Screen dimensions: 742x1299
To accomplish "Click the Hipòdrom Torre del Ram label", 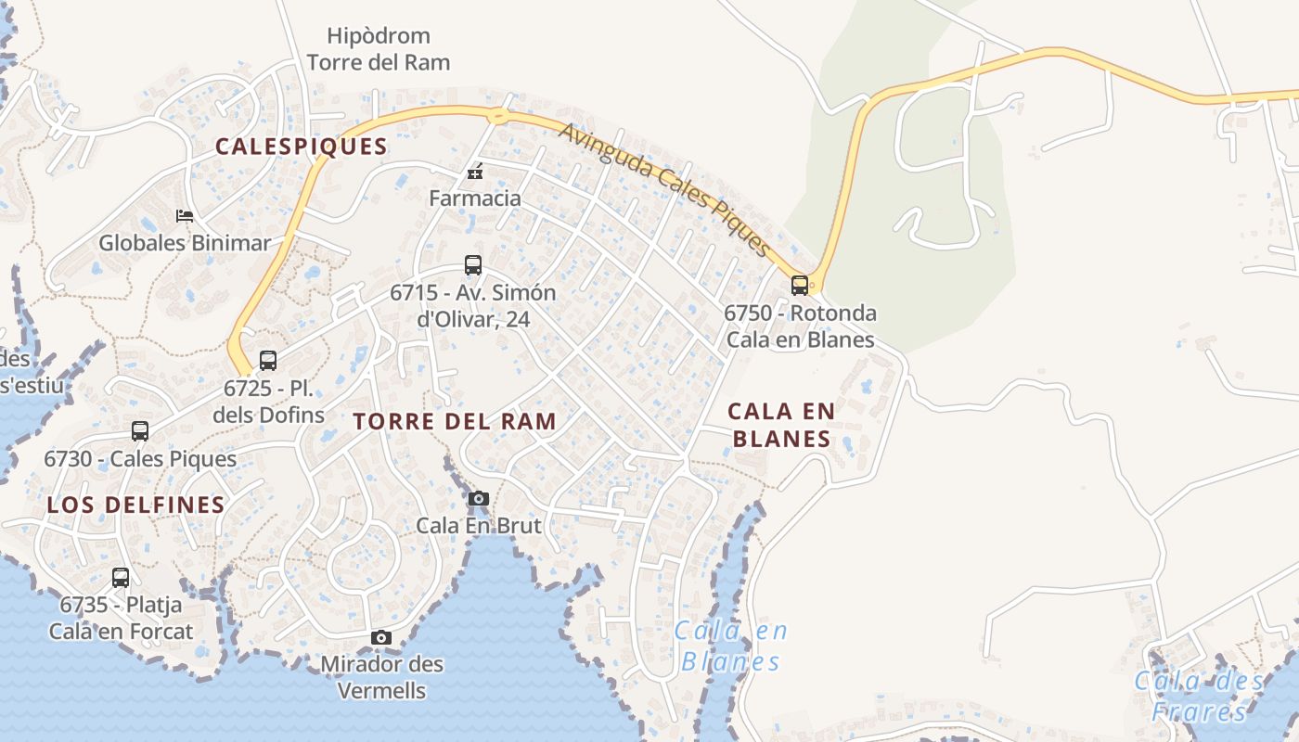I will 379,49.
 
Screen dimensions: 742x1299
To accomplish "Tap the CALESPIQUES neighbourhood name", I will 302,147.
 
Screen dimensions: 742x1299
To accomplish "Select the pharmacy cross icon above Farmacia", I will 475,173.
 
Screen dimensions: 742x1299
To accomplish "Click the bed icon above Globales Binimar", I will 185,216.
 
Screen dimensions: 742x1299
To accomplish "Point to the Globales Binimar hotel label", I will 185,243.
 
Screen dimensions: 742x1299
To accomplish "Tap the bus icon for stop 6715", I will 473,265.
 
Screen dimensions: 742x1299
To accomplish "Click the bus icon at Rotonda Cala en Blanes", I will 800,286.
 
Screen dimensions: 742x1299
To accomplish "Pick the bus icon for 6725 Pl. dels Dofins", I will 268,361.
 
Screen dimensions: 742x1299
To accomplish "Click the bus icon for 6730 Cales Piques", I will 140,431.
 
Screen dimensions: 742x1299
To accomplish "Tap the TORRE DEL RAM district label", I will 455,421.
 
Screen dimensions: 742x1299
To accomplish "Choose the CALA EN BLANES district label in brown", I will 781,425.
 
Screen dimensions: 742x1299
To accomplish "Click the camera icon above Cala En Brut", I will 479,499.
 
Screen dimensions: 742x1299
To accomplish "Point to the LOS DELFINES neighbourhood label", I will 136,505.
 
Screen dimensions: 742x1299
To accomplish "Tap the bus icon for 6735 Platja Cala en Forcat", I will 121,578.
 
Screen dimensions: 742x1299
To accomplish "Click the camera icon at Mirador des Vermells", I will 381,638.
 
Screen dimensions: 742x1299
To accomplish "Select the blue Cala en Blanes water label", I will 731,646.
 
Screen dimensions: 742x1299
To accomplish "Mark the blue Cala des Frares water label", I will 1199,697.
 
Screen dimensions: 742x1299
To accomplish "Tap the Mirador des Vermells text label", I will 381,678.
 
